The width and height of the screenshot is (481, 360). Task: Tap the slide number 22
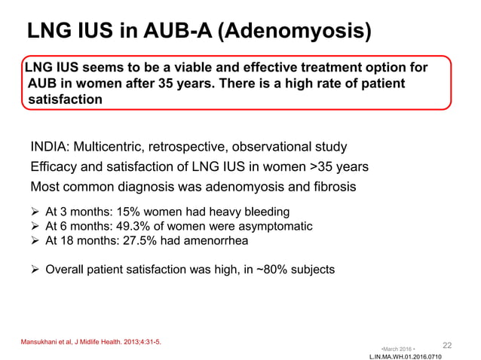pyautogui.click(x=447, y=345)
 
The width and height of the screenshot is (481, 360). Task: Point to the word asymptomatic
pyautogui.click(x=273, y=226)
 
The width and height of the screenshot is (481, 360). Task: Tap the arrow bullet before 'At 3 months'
pyautogui.click(x=35, y=212)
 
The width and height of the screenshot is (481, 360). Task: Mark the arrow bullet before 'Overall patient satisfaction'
pyautogui.click(x=35, y=268)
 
